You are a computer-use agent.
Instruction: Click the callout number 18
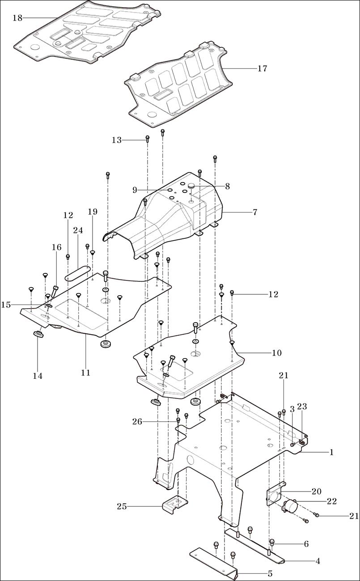[17, 18]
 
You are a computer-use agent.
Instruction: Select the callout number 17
[262, 68]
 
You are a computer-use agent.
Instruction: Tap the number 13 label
[117, 140]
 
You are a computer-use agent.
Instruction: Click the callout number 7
[255, 212]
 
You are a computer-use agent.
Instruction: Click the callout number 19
[93, 212]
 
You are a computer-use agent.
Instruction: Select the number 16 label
[57, 247]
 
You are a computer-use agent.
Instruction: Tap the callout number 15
[6, 305]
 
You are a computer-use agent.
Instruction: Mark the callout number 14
[38, 376]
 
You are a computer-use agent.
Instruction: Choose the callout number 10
[277, 353]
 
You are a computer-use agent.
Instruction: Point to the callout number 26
[137, 421]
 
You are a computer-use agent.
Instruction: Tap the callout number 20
[317, 492]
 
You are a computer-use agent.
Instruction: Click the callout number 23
[302, 407]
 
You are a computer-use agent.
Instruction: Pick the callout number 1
[331, 452]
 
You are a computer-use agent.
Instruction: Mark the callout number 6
[306, 544]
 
